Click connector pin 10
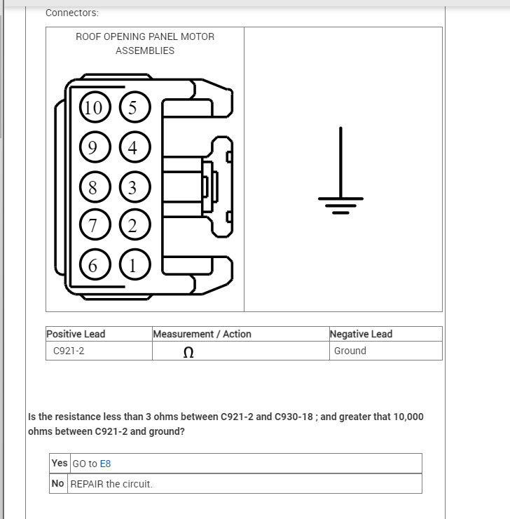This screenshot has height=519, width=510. [x=92, y=107]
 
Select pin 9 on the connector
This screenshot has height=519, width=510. [x=92, y=147]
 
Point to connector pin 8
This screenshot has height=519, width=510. [x=92, y=187]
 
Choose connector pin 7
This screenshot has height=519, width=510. [x=92, y=225]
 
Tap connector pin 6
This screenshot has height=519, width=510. [x=92, y=265]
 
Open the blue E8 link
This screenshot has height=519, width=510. [x=105, y=464]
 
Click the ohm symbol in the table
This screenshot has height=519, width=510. [x=188, y=352]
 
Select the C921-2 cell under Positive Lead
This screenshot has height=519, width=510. [x=69, y=351]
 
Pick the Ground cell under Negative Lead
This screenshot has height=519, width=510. [x=350, y=351]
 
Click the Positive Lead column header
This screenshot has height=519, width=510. [x=76, y=334]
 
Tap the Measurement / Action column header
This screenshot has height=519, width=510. [x=202, y=334]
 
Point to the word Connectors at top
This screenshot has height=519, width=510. [x=71, y=13]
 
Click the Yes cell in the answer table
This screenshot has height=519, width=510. [x=60, y=463]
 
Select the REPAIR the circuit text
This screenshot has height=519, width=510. [x=111, y=484]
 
